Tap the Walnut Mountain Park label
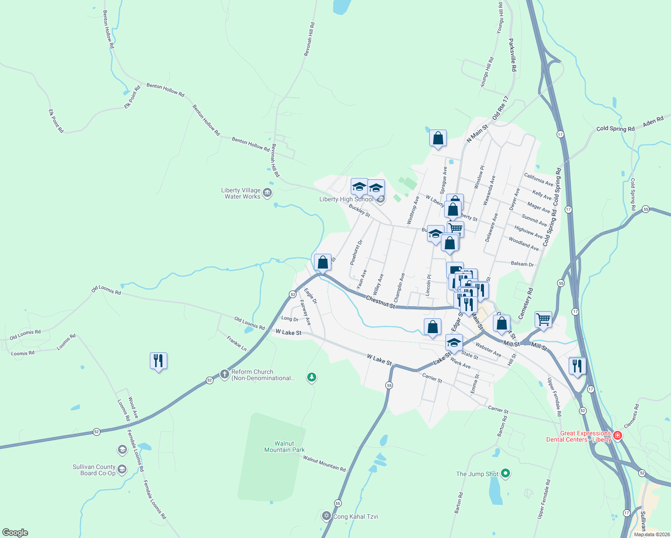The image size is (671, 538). click(284, 447)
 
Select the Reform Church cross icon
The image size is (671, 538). click(225, 374)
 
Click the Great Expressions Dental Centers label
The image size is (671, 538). click(579, 436)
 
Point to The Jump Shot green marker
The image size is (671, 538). click(505, 473)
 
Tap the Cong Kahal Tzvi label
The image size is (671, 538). click(355, 516)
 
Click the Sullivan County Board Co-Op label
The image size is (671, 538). click(94, 470)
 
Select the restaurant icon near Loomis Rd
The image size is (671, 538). click(158, 360)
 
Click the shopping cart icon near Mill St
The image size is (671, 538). click(543, 319)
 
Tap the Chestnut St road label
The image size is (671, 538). click(380, 302)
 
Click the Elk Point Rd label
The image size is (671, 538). click(56, 121)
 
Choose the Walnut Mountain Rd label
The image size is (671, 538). click(324, 464)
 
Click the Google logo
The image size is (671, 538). click(15, 533)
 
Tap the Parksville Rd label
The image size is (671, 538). click(513, 55)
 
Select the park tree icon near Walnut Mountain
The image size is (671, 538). click(312, 377)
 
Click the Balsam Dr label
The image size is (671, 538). click(522, 264)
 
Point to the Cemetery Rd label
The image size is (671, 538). click(526, 304)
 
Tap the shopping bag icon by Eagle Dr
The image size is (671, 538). click(322, 262)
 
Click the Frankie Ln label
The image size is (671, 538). click(236, 343)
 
